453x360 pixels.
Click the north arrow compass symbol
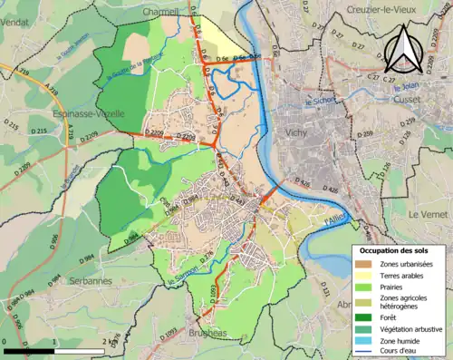[403, 52]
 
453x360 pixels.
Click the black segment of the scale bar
[28, 349]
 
